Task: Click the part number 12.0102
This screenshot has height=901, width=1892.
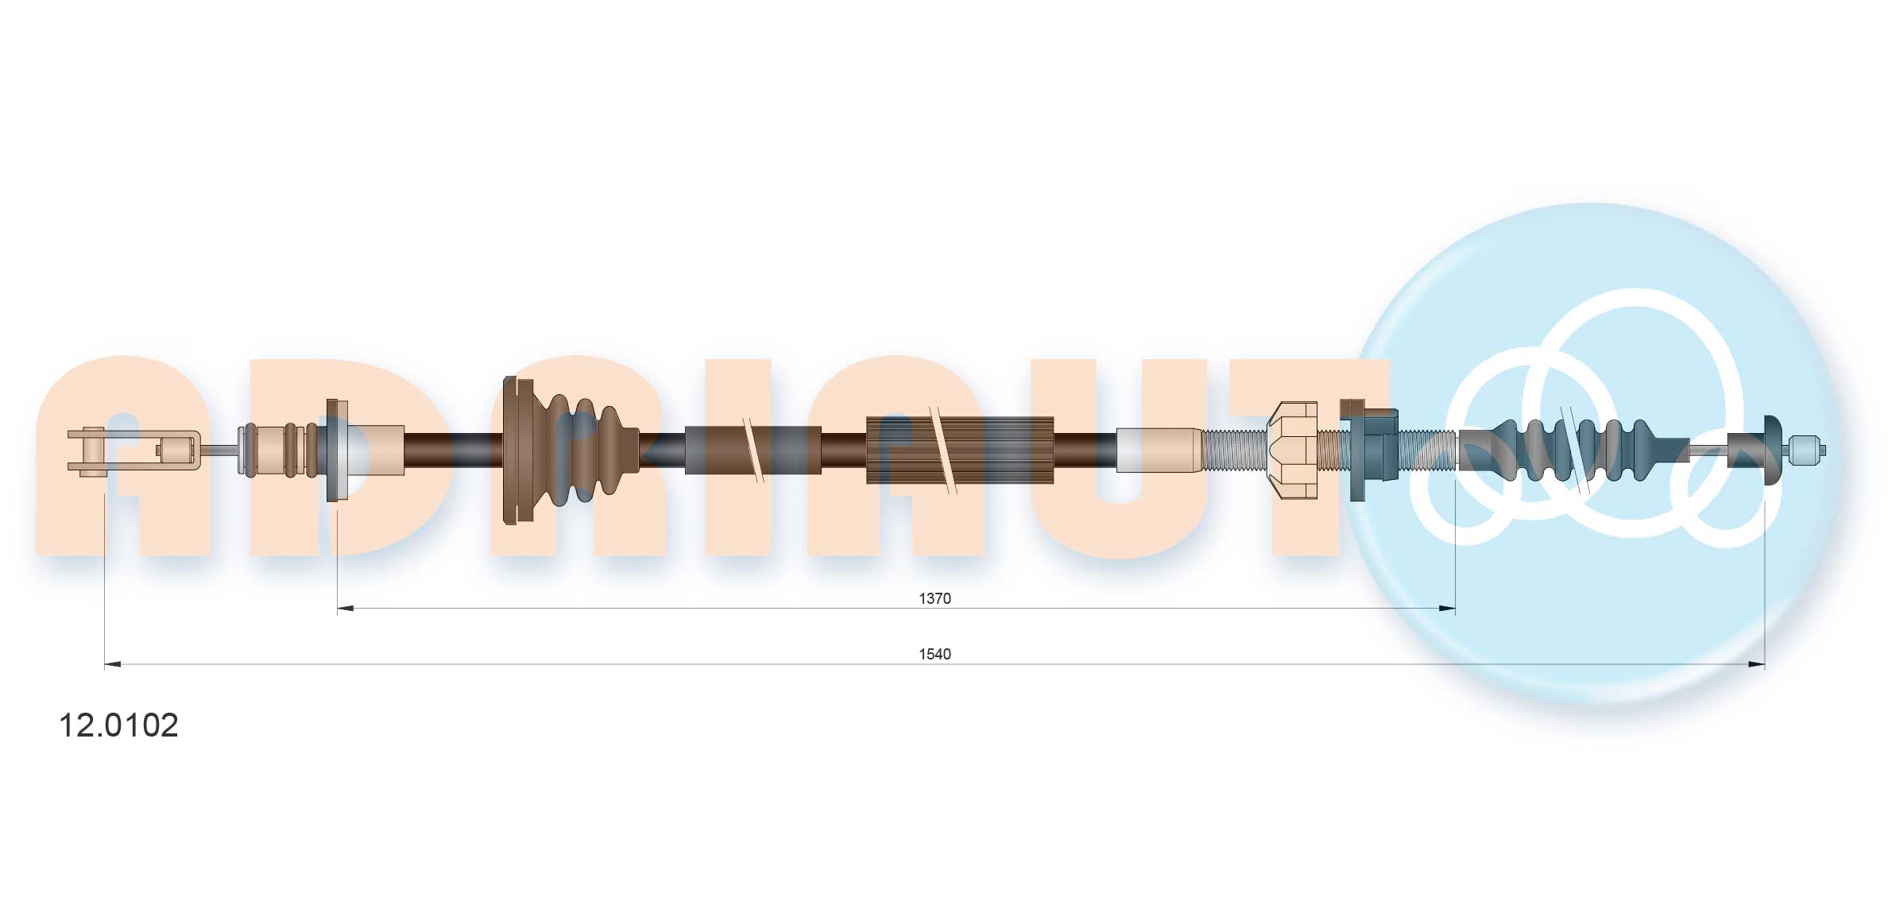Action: tap(119, 725)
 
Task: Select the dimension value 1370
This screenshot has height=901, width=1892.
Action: tap(934, 598)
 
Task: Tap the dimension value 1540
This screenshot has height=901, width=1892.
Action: tap(934, 654)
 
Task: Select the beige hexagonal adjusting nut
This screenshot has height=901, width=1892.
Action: tap(1292, 450)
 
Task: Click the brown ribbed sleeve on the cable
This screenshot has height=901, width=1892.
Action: tap(960, 450)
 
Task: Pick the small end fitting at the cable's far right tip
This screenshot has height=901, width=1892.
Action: tap(1805, 450)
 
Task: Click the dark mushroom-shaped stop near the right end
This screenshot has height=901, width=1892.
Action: tap(1770, 450)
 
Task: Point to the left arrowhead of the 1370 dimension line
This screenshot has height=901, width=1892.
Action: tap(345, 609)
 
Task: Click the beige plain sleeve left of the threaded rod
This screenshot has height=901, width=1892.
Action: tap(1160, 450)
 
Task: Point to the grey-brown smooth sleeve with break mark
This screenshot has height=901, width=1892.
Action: tap(753, 450)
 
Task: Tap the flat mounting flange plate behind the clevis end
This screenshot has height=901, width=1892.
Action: tap(333, 450)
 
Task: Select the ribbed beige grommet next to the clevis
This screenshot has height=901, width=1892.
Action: tap(278, 450)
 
